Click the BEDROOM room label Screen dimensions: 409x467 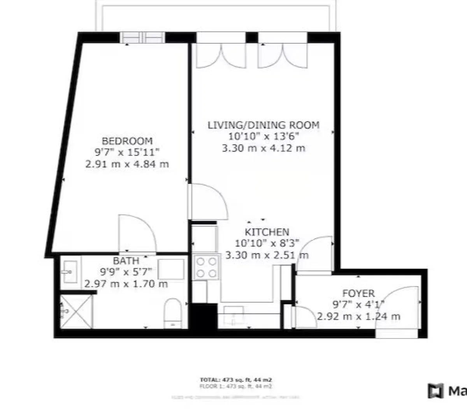click(x=127, y=141)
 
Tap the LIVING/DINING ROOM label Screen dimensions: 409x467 click(x=263, y=125)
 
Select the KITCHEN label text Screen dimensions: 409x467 click(x=267, y=232)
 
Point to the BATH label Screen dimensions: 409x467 click(x=126, y=260)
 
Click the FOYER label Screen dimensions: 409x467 click(x=358, y=293)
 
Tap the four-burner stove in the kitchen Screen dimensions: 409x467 click(x=206, y=267)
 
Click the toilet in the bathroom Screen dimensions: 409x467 click(x=171, y=312)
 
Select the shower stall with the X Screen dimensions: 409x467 click(x=77, y=312)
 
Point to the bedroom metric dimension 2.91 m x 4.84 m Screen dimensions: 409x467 click(x=127, y=164)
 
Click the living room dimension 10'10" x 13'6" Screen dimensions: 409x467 click(x=263, y=136)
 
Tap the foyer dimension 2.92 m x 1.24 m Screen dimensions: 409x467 click(x=358, y=316)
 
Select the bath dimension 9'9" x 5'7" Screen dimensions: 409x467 click(x=126, y=272)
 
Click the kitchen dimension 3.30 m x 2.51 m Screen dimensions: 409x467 click(x=267, y=256)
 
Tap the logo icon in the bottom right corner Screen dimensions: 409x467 click(x=435, y=391)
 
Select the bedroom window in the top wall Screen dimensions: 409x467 click(x=142, y=37)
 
